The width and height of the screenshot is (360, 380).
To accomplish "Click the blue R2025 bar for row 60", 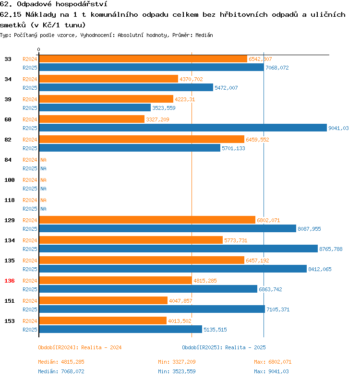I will click(x=182, y=128).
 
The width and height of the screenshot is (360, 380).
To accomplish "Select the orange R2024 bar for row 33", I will click(x=143, y=59).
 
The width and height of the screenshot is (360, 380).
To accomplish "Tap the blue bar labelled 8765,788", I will click(x=178, y=249).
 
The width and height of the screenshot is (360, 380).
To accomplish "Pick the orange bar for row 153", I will click(x=103, y=321).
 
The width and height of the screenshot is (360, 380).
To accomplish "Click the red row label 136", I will click(x=9, y=281).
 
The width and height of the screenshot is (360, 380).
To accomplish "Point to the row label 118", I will click(x=9, y=200).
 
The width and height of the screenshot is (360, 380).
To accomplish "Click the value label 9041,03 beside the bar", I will click(x=338, y=128).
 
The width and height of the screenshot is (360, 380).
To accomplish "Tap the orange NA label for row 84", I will click(x=43, y=160).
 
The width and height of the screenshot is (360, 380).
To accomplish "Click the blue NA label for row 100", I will click(x=43, y=189).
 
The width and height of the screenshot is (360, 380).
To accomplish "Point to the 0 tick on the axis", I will click(x=39, y=50).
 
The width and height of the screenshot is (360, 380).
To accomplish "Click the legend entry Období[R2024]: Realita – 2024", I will click(x=80, y=347).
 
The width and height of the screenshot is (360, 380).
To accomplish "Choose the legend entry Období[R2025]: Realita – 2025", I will click(x=224, y=347).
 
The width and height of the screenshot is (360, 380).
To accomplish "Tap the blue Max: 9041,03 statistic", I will click(x=271, y=371).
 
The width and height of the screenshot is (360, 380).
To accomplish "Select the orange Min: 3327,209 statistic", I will click(x=177, y=362).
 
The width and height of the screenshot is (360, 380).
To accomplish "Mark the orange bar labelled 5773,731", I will click(x=131, y=240).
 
